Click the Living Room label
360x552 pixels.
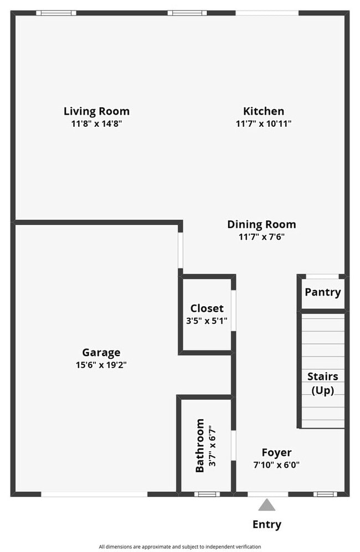point(96,111)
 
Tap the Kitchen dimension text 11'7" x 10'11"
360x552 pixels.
point(264,123)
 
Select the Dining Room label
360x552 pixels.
point(261,224)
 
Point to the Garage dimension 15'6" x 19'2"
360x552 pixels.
point(101,364)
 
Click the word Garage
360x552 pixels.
point(101,352)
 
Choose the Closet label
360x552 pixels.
point(207,308)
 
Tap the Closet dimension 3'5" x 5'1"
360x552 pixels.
point(207,320)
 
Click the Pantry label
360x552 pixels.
point(322,292)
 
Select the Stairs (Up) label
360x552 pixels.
point(322,383)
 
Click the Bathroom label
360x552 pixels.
point(199,445)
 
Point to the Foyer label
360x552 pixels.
point(276,452)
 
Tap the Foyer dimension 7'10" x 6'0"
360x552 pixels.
point(276,465)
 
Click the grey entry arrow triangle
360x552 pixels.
point(267,504)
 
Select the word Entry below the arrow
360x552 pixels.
point(267,524)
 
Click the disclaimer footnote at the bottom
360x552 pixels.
point(180,546)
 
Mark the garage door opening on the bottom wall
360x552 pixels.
point(94,494)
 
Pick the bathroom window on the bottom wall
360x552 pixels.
point(207,494)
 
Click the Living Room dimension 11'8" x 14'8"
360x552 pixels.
point(96,123)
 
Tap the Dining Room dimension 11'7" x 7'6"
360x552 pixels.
point(261,236)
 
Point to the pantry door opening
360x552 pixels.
point(322,276)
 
